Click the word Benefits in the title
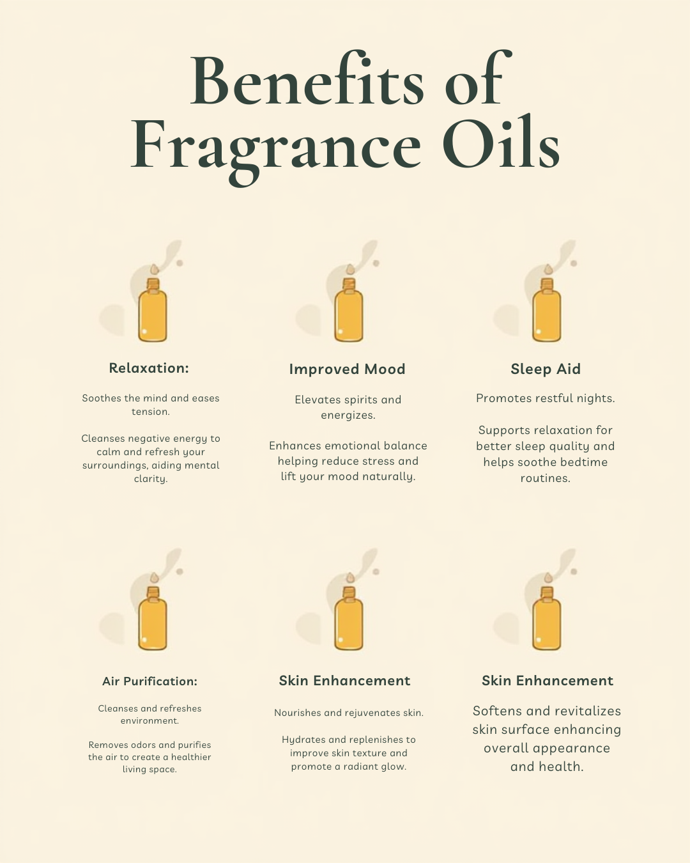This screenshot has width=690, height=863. tap(307, 82)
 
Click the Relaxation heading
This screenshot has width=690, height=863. tap(149, 368)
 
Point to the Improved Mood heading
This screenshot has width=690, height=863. tap(347, 369)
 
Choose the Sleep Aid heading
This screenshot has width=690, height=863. tap(546, 369)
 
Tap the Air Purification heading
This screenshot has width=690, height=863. tap(149, 681)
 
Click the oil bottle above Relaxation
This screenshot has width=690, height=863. tap(153, 313)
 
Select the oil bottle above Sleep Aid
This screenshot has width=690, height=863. tap(547, 313)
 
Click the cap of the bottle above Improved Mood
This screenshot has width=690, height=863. tap(349, 284)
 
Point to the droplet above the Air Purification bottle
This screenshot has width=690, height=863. tap(153, 577)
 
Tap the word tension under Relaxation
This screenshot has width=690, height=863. tap(149, 412)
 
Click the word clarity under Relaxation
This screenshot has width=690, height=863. tap(150, 479)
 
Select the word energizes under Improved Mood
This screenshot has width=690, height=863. tap(348, 416)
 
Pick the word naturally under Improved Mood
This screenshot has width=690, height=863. tap(383, 477)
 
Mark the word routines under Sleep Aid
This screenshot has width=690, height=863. tap(545, 478)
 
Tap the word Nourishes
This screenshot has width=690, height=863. tap(298, 713)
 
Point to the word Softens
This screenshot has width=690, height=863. tap(496, 711)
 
